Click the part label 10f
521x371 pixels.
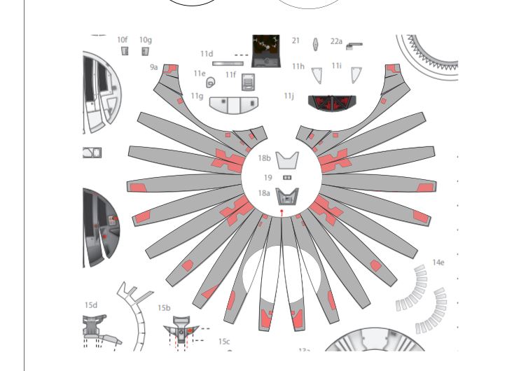123,40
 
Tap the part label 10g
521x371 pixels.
146,40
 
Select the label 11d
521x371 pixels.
207,54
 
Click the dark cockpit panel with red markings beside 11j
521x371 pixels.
332,104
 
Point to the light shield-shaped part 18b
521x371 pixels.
287,160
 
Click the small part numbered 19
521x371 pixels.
287,178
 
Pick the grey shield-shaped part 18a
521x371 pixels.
287,197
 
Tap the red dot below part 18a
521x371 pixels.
282,211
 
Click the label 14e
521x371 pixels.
438,262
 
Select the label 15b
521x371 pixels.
164,308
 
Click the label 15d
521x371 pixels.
91,305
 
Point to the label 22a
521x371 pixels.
336,41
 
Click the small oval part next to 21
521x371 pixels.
315,45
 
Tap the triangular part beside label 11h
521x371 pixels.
317,76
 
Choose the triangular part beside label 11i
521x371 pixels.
356,75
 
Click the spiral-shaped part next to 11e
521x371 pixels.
210,83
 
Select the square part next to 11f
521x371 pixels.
248,82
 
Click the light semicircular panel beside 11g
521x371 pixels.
234,105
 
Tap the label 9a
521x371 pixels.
153,67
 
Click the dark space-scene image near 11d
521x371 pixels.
266,51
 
